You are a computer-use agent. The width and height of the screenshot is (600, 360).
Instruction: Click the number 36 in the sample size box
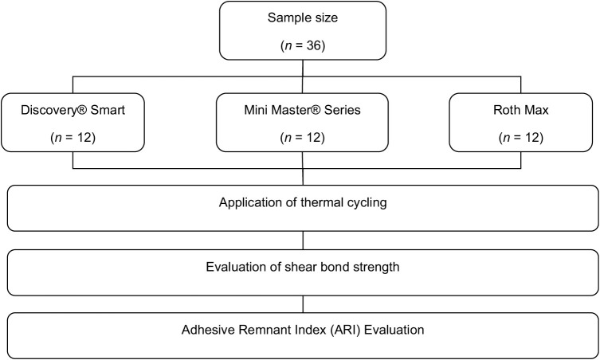pyautogui.click(x=314, y=45)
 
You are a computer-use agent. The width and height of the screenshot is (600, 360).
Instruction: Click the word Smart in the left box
pyautogui.click(x=108, y=110)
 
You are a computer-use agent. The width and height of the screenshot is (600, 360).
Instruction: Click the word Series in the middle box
pyautogui.click(x=342, y=110)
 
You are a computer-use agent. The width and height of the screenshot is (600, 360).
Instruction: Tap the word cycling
pyautogui.click(x=367, y=203)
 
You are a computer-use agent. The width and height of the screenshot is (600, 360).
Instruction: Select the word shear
pyautogui.click(x=298, y=267)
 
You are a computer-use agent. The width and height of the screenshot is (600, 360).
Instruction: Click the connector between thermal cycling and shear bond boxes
pyautogui.click(x=303, y=241)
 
